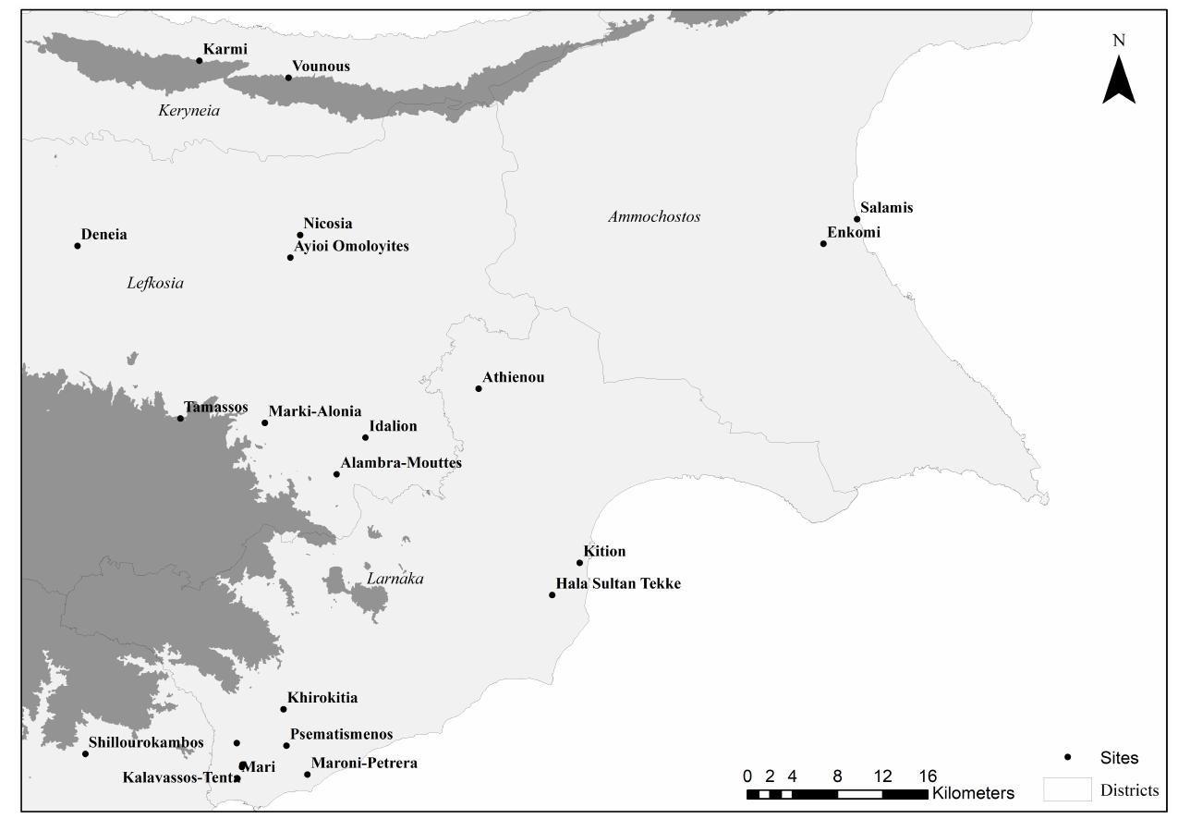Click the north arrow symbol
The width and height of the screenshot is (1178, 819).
click(1118, 79)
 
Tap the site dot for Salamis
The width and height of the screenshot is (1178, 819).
click(857, 219)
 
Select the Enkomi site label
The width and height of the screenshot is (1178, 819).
click(854, 233)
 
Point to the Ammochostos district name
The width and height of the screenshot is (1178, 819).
click(654, 217)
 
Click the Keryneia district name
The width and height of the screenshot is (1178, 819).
click(189, 111)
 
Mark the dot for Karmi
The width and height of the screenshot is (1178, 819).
click(199, 61)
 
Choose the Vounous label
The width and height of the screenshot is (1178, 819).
click(321, 67)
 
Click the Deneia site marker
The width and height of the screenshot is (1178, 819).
click(78, 246)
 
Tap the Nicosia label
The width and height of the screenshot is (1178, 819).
click(327, 224)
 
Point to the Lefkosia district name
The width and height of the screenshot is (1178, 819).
click(155, 284)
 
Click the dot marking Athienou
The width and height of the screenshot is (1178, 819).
click(479, 388)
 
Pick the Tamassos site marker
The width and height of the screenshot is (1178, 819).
click(180, 419)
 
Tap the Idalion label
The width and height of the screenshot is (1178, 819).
click(393, 426)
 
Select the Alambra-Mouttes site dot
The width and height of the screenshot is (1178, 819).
click(336, 474)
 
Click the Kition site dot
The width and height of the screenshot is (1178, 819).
click(580, 563)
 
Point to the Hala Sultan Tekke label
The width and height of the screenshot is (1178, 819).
click(617, 584)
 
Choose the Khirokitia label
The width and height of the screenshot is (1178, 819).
click(322, 698)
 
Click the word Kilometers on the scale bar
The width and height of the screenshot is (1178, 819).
click(973, 793)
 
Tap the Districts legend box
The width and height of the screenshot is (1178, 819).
click(1067, 790)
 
